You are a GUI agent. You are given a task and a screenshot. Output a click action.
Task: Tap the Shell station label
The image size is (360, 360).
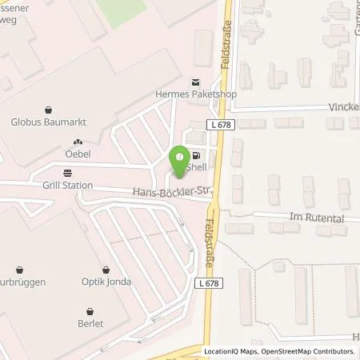coord(196,170)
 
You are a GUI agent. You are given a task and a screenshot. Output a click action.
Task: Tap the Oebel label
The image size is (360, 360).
coord(77,154)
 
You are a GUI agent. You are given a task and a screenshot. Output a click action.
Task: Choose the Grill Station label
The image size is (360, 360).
coord(68,186)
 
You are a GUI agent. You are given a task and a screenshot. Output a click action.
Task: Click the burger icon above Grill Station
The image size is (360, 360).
coord(67,172)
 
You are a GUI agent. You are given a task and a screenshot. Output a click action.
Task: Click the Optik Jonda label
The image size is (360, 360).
coord(106,282)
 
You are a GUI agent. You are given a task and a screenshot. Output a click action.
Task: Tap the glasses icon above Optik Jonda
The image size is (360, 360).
coord(106,270)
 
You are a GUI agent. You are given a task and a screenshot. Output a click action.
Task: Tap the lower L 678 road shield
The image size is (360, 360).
coord(245,280)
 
